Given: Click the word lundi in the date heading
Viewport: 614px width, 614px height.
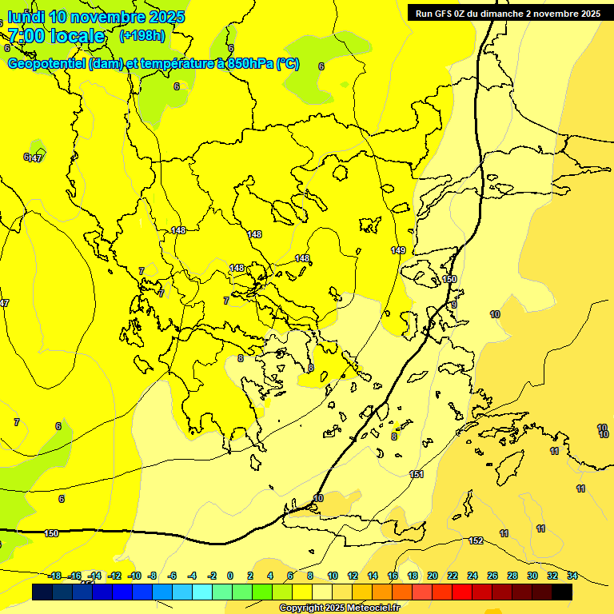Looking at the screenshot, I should coord(26,17).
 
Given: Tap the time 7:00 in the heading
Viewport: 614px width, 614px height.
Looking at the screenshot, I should coord(25,36).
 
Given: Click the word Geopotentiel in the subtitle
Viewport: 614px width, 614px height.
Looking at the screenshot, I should coord(47,64).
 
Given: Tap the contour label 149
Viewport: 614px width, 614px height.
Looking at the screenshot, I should coord(398,250).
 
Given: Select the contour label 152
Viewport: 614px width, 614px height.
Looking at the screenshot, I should coord(476,541).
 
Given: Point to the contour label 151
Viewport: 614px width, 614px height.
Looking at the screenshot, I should coord(416,475).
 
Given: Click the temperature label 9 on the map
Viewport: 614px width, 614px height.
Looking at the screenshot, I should coord(453,305).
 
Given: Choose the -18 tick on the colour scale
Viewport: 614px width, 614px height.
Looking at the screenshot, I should coord(55,576).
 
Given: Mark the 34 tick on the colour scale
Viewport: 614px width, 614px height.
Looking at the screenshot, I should coord(572,576).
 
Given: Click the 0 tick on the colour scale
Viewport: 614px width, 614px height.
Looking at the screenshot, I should coord(230,576).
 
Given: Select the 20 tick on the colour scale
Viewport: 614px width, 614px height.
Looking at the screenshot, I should coord(433,576).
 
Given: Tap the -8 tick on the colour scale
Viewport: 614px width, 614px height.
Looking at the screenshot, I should coord(152,576).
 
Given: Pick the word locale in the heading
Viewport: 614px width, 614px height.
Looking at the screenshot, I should coord(77,36).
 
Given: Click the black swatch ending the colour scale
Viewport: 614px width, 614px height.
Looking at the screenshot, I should coord(562,592).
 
